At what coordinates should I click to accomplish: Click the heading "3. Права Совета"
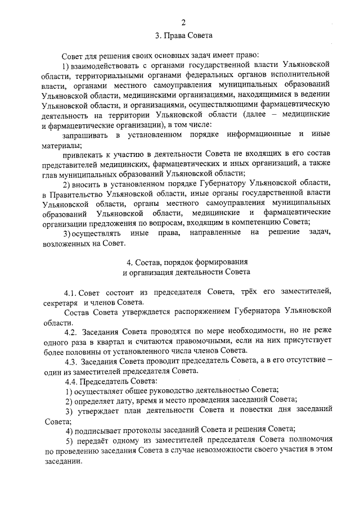click(183, 37)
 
